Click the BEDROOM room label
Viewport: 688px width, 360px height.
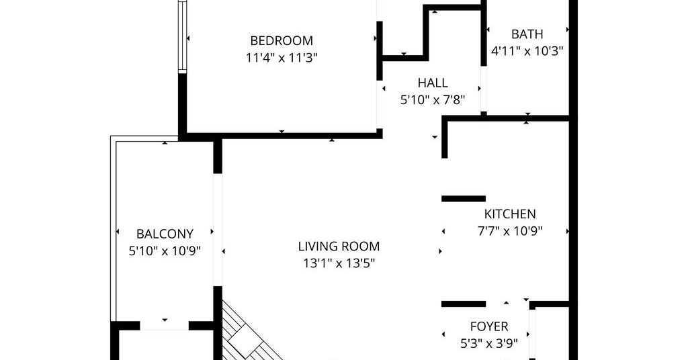282,41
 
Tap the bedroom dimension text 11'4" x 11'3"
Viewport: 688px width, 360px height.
282,58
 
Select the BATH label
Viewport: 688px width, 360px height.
527,34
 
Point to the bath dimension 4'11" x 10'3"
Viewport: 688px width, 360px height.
527,51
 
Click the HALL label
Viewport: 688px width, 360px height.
433,83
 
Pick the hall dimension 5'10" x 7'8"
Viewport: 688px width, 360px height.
433,100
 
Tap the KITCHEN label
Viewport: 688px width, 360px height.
510,214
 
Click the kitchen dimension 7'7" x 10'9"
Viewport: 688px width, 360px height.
510,230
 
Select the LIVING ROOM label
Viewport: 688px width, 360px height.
339,246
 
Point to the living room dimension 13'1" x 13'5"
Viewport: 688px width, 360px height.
339,263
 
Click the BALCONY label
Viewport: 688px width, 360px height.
165,234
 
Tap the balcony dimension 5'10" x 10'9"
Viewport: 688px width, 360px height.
165,251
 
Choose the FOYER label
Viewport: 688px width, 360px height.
489,326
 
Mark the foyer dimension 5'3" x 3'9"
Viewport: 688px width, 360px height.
489,343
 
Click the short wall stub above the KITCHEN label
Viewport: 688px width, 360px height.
464,199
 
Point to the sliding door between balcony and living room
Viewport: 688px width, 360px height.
218,230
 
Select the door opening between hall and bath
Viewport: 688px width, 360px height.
484,89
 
